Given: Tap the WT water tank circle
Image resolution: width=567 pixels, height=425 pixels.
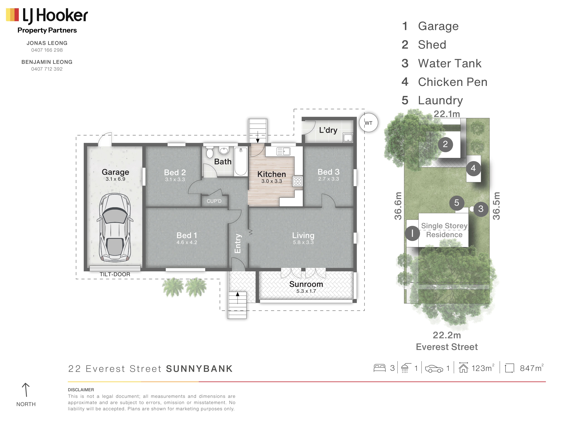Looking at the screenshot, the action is pos(368,123).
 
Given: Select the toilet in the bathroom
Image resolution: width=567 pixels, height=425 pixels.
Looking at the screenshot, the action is pos(210,152).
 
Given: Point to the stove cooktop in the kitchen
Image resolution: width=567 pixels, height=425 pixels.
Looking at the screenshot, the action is pos(298,181).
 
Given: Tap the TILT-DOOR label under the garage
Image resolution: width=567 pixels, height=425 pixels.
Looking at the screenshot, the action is pos(115,274).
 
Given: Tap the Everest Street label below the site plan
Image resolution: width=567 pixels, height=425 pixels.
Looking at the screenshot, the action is pos(447,347).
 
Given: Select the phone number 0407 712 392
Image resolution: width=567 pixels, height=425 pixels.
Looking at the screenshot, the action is pos(47,69).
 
